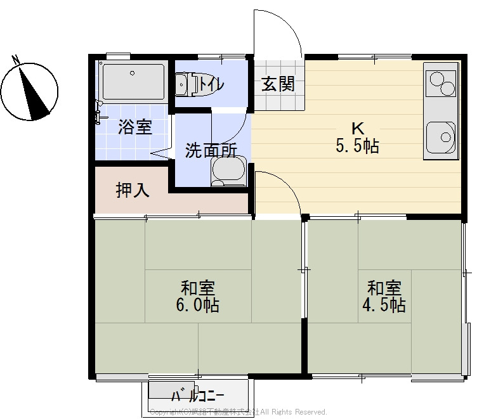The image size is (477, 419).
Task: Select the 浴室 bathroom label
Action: [x=135, y=127]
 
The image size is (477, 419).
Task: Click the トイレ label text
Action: [x=211, y=83]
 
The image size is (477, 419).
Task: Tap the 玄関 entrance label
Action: [x=278, y=84]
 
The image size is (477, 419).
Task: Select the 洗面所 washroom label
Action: [x=211, y=151]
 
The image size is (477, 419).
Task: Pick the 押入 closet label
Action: [x=133, y=190]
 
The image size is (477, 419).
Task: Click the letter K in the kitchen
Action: [x=357, y=126]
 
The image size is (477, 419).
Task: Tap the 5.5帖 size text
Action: [x=357, y=146]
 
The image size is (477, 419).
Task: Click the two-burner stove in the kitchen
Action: [x=442, y=82]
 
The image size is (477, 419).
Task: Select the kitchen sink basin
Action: [x=441, y=136]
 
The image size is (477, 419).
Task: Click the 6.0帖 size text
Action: [x=198, y=306]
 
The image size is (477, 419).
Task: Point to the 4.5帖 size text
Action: [x=384, y=306]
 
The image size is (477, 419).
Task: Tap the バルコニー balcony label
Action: [x=197, y=396]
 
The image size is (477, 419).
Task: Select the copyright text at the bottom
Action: [x=238, y=412]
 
